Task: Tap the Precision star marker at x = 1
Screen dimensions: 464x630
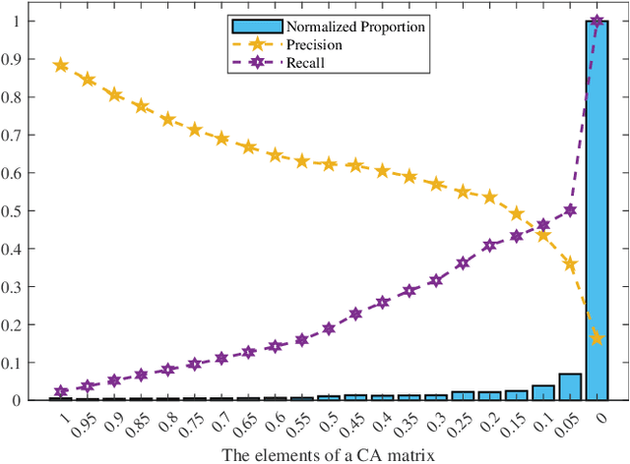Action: click(61, 66)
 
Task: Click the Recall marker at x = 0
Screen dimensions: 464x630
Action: click(596, 22)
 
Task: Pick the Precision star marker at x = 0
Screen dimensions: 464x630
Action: click(596, 338)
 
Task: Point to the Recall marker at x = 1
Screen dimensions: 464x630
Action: click(61, 391)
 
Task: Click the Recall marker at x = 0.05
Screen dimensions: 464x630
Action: click(569, 210)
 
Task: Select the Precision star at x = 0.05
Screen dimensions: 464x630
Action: click(569, 263)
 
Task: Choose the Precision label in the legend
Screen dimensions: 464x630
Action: click(314, 44)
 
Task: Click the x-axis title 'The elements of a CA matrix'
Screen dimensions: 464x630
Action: click(328, 452)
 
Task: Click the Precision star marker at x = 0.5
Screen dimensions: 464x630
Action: click(329, 164)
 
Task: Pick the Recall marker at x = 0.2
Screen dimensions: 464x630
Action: click(489, 245)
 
